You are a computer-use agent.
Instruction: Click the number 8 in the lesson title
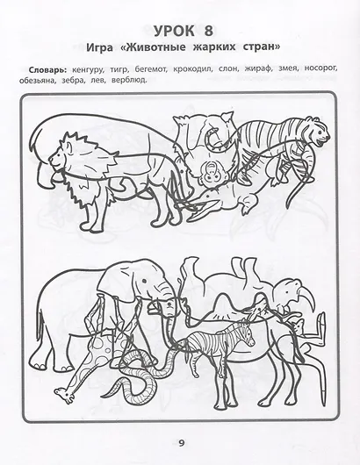209,31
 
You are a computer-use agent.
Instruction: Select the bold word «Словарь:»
47,70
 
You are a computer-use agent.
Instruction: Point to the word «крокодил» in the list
192,68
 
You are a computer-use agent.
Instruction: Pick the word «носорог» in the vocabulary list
320,68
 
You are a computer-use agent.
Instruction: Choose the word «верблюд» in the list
129,80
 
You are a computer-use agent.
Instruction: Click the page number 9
182,443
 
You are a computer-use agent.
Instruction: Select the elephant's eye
145,281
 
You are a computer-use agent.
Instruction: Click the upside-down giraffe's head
63,395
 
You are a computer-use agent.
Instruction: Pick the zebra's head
248,333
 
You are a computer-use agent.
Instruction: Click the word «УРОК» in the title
175,31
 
